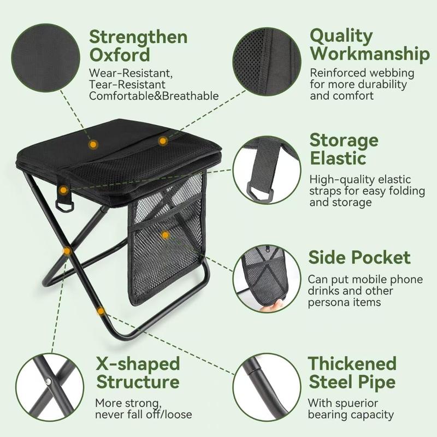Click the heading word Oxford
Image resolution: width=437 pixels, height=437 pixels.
[120, 55]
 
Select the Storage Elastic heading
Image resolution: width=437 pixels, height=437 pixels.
[344, 149]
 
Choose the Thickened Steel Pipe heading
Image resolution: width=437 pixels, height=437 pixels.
[352, 372]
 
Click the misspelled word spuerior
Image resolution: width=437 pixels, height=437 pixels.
[356, 403]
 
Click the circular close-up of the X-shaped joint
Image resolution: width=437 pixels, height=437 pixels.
[50, 386]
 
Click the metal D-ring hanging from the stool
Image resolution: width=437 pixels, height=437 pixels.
[63, 205]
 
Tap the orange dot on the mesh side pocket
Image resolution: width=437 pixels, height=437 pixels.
[166, 235]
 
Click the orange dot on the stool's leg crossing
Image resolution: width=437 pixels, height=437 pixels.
[67, 251]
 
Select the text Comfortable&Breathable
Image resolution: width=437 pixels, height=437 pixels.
[154, 96]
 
